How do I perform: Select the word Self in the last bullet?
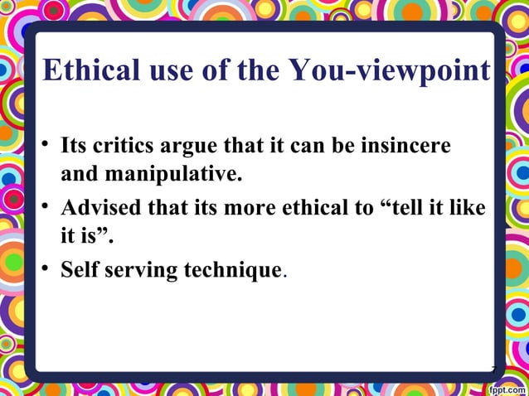(78, 271)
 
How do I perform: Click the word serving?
(136, 271)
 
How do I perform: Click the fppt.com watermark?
(506, 387)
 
